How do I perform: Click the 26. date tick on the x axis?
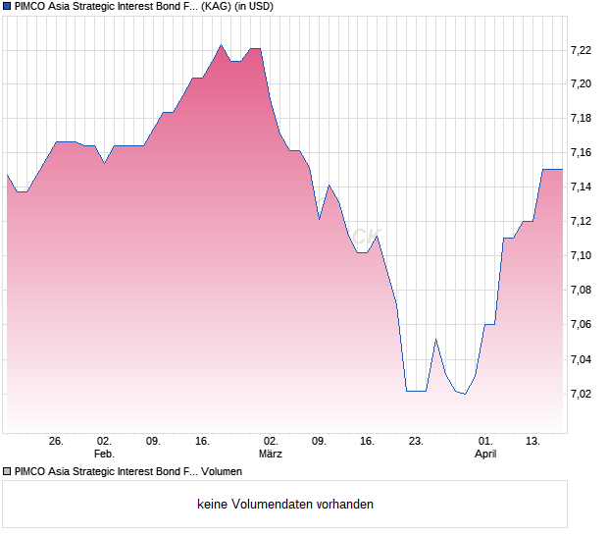(x=56, y=441)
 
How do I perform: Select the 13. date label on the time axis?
(x=532, y=441)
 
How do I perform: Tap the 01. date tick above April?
(x=485, y=441)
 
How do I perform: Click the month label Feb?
(x=104, y=454)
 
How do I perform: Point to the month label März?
(x=271, y=454)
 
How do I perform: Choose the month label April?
(x=485, y=454)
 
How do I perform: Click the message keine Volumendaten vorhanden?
(x=285, y=505)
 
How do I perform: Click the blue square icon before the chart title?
(x=6, y=6)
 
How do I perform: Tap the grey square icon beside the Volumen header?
(x=6, y=471)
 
